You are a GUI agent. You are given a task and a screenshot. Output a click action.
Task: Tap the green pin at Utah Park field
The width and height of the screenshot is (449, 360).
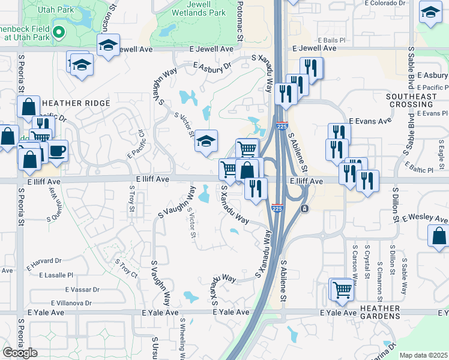point(58,32)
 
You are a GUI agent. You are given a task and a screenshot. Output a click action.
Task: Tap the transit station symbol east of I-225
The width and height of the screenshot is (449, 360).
point(306,208)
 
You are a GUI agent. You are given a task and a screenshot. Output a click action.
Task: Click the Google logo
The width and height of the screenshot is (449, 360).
point(20,353)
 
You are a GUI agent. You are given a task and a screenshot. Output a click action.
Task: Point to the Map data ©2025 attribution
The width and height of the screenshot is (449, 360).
point(423,355)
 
